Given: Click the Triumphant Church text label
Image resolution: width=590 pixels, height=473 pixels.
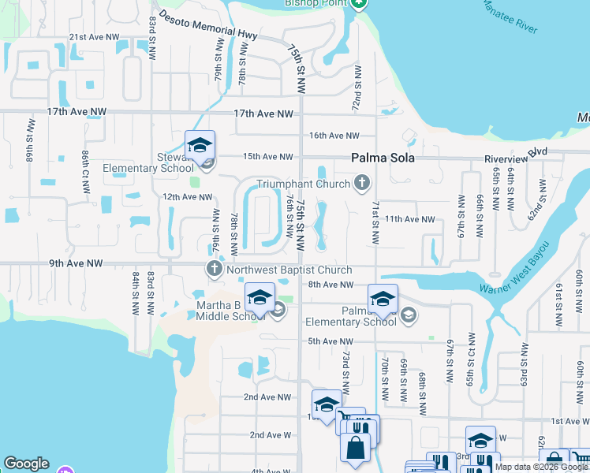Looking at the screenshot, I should point(304,184).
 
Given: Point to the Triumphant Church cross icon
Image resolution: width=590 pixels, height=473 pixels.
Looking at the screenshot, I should point(362,184).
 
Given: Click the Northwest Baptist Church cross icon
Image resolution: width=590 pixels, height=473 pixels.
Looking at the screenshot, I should point(214,270).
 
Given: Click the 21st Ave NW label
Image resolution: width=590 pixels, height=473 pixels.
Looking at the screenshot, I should point(94,37).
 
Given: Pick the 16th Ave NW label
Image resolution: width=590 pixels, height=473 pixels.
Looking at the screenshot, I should point(334,136).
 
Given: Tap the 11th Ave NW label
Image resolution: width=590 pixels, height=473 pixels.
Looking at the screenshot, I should point(409,219).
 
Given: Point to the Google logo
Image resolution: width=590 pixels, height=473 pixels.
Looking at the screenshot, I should point(26,464).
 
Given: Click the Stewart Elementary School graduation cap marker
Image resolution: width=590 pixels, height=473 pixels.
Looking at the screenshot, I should point(200,145).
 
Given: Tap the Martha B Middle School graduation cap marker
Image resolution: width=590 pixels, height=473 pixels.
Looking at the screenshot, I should point(260,297).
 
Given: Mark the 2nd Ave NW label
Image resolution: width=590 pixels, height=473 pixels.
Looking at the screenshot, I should point(267,397).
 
